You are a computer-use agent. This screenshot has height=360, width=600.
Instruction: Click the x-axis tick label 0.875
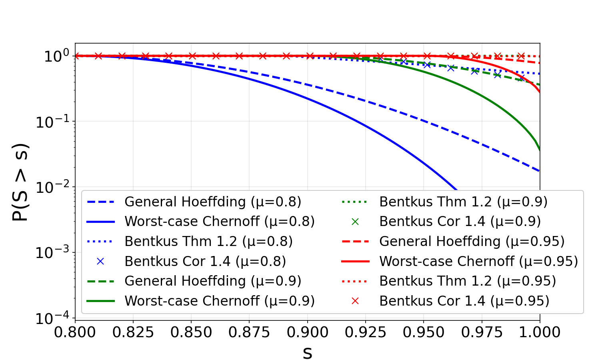coord(249,332)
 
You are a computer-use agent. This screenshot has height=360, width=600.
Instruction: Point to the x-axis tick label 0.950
coord(424,332)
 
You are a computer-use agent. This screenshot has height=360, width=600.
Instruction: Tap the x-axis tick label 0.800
coord(75,332)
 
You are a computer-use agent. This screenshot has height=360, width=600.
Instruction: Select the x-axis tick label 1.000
coord(540,332)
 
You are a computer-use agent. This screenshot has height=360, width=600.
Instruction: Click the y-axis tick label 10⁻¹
coord(52,122)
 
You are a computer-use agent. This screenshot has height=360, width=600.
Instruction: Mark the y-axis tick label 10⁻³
coord(52,253)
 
